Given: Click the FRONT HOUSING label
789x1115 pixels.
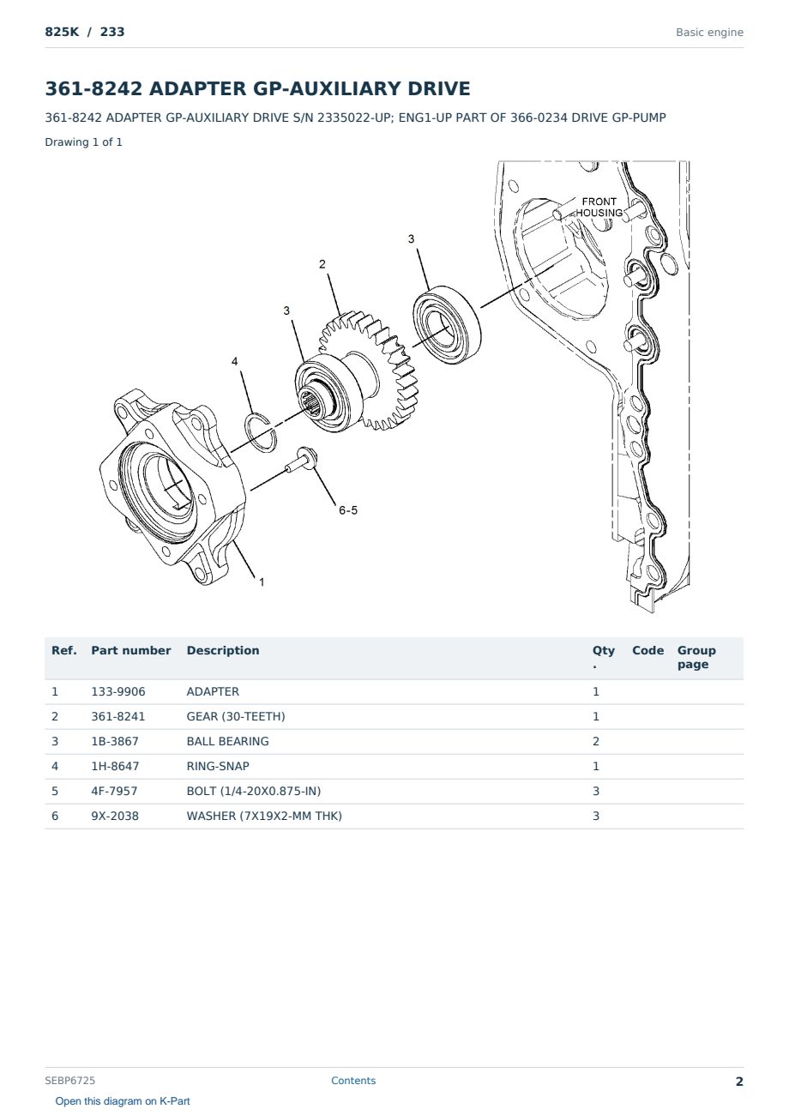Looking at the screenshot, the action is coord(599,207).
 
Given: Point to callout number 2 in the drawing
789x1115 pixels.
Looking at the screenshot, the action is coord(322,264).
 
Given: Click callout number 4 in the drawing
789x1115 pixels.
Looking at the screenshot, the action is coord(234,361).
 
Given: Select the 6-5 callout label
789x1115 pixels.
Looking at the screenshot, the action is coord(348,510).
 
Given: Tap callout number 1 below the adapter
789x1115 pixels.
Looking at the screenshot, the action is coord(262,582).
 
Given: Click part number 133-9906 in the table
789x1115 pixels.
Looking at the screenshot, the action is coord(118,691).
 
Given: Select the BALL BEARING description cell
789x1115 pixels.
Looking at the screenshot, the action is coord(227,741).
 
